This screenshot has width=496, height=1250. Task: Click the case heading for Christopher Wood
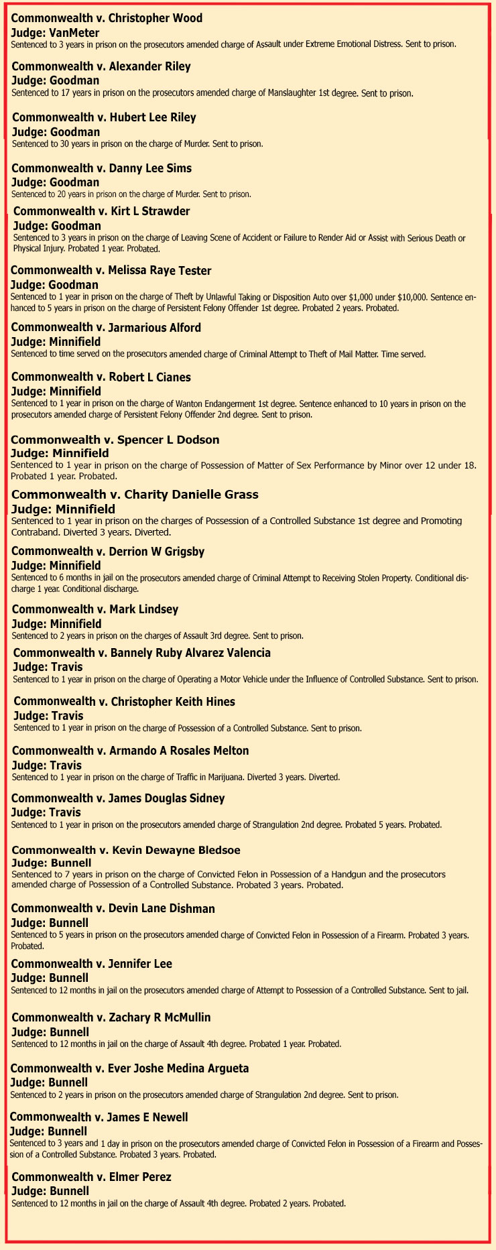click(x=107, y=18)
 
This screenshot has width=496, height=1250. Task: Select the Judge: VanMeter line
click(x=55, y=33)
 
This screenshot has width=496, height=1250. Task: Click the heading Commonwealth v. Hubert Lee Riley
click(x=104, y=117)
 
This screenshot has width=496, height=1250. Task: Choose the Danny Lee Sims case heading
click(x=102, y=168)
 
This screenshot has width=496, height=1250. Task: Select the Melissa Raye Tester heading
click(x=111, y=271)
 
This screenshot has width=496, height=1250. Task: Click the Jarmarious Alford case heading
click(x=106, y=328)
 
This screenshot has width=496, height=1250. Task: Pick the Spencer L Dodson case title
click(x=115, y=440)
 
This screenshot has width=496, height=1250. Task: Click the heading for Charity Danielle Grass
click(x=135, y=495)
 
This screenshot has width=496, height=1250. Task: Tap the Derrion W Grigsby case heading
click(x=108, y=552)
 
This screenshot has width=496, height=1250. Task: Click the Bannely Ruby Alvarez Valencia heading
click(x=142, y=653)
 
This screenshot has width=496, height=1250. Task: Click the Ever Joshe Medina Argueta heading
click(x=129, y=1068)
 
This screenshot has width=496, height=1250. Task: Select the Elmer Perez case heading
click(x=91, y=1177)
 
